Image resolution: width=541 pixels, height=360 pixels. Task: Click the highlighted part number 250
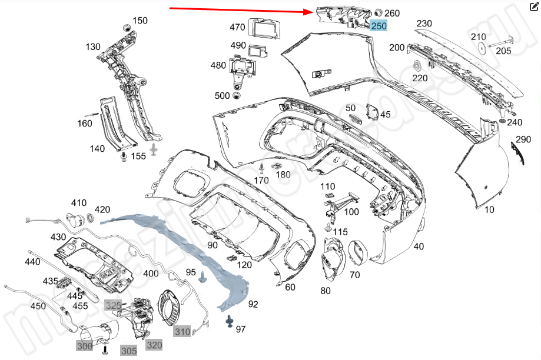coord(379,26)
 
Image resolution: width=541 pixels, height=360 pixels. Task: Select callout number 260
coord(392,13)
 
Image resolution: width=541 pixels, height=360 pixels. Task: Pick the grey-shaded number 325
coord(113,305)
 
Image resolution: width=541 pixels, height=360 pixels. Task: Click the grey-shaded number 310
coord(182,332)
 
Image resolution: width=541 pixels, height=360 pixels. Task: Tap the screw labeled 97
coord(228,321)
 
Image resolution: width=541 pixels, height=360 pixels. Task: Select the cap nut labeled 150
coord(126,28)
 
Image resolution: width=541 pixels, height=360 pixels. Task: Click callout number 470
coord(237,27)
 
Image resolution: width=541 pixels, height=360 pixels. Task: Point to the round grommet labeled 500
coord(237,96)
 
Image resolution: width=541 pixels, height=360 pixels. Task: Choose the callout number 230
coord(424,24)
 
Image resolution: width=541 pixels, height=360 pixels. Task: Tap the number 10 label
coord(489,209)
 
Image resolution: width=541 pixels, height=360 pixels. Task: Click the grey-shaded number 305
coord(129,351)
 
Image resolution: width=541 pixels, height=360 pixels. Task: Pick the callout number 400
coord(151,274)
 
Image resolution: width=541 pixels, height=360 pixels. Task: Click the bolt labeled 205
coord(505,42)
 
